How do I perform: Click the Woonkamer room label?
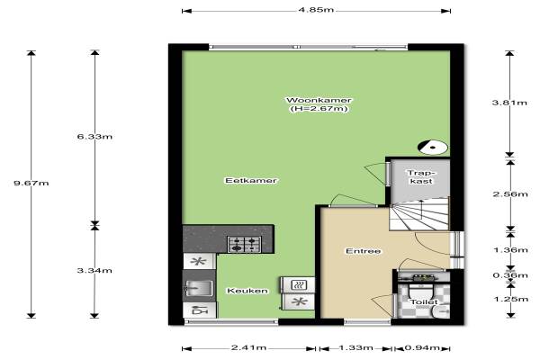[x=319, y=100]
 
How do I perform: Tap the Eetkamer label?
[x=251, y=181]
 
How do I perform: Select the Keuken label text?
[x=247, y=291]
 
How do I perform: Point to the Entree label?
[x=364, y=251]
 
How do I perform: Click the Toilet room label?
[x=424, y=302]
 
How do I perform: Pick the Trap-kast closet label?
[x=421, y=176]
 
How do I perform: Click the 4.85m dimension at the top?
[x=316, y=10]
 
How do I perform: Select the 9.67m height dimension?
[x=31, y=183]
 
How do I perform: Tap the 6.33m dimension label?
[x=94, y=137]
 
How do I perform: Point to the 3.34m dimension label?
[x=94, y=270]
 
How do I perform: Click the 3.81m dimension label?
[x=509, y=103]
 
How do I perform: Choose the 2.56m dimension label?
[x=510, y=194]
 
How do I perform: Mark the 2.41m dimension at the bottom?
[x=248, y=347]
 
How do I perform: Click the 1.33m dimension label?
[x=355, y=347]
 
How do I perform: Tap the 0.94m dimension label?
[x=422, y=347]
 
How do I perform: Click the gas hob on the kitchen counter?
[x=244, y=244]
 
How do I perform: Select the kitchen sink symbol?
[x=200, y=288]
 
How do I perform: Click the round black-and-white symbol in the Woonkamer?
[x=433, y=148]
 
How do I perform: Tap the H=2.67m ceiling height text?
[x=319, y=109]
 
